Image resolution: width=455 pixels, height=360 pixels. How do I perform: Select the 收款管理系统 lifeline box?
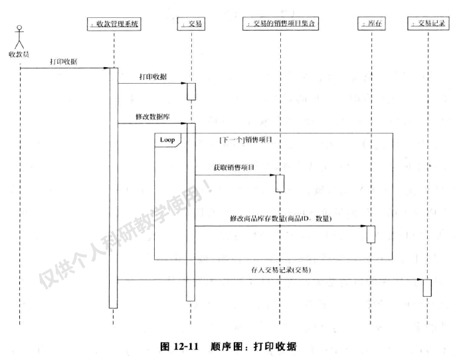coord(114,25)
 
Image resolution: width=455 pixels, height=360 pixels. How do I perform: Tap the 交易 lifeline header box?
coord(191,25)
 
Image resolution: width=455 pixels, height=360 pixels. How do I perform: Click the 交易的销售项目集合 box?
coord(280,25)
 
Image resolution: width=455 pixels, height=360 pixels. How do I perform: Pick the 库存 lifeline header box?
coord(371,25)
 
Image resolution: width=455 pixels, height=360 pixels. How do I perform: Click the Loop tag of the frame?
coord(167,140)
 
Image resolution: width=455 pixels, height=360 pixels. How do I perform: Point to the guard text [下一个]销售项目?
coord(245,141)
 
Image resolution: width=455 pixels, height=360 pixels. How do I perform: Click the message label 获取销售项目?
coord(234,168)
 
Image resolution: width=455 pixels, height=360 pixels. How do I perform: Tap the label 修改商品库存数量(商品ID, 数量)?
coord(280,219)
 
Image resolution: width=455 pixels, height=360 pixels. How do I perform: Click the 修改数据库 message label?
coord(150,116)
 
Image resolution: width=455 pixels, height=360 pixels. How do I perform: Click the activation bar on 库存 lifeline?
coord(371,234)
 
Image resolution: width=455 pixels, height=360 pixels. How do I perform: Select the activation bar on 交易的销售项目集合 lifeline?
coord(280,183)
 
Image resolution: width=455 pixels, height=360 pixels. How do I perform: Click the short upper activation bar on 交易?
coord(191,91)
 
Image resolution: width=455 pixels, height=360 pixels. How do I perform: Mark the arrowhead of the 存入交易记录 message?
coord(420,279)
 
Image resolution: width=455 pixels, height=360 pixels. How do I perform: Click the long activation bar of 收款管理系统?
coord(114,186)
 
